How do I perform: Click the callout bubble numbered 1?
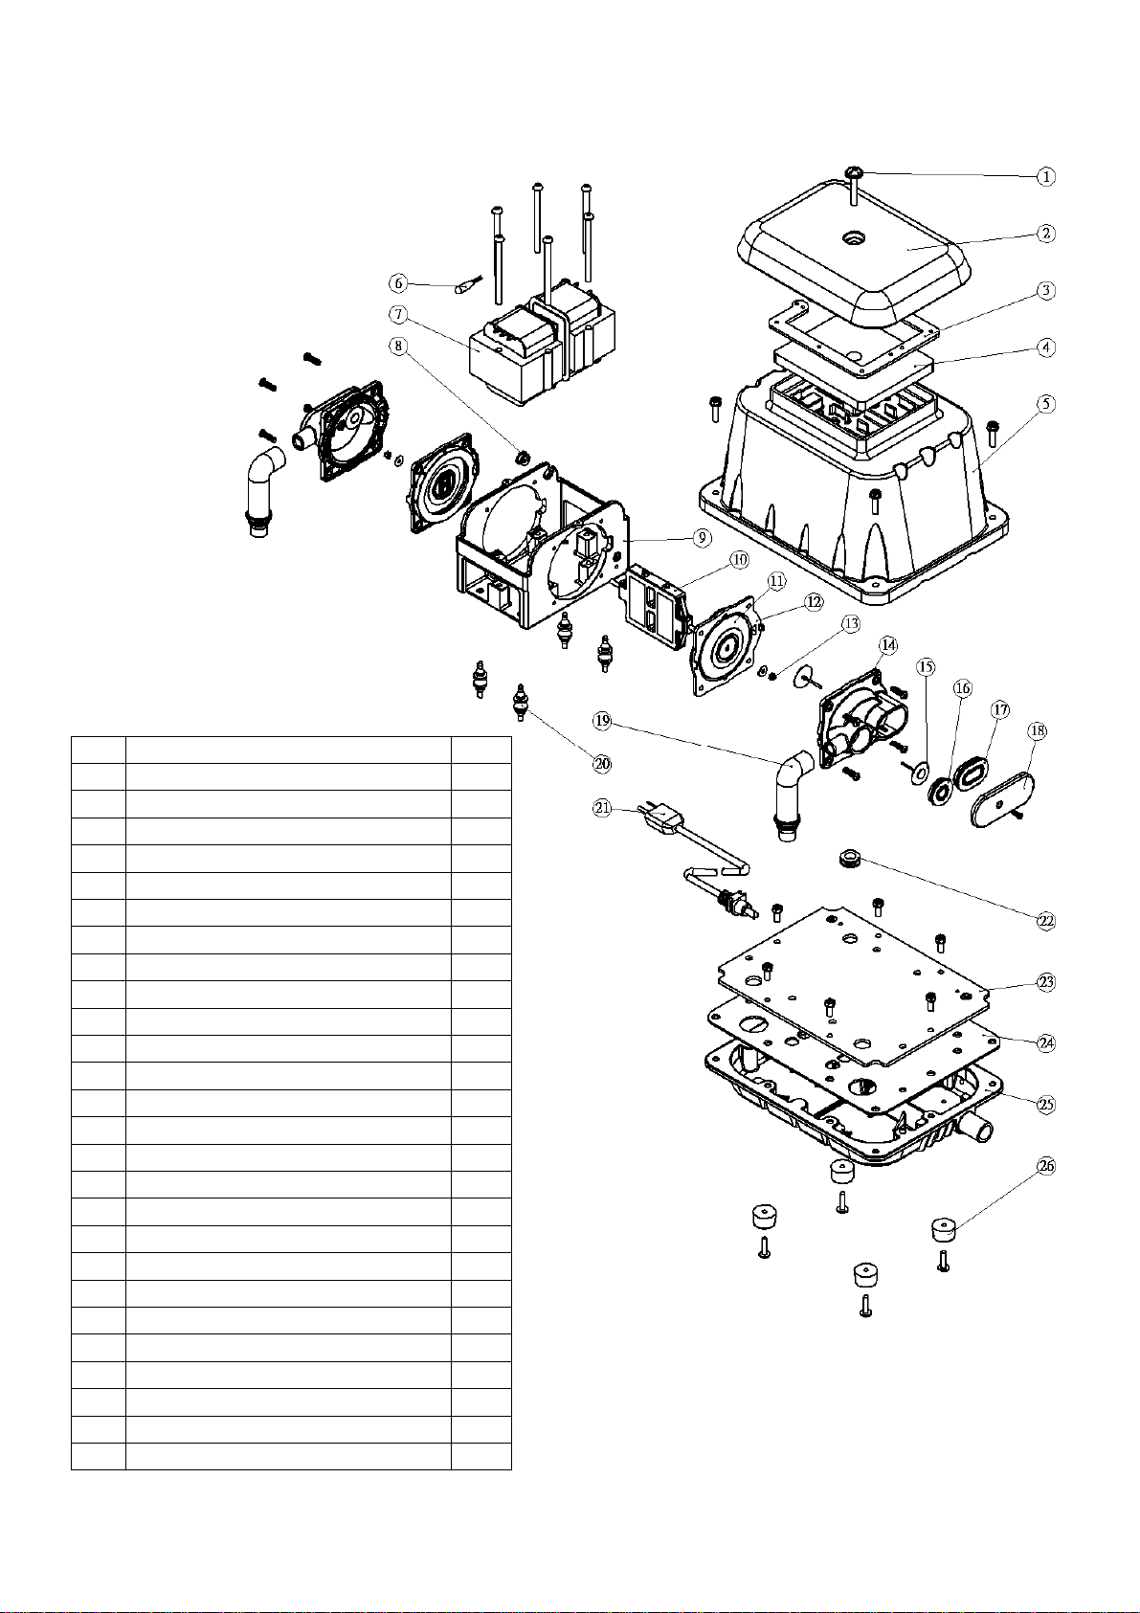[1046, 176]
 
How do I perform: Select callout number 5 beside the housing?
[1047, 403]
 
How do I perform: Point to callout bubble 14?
[888, 644]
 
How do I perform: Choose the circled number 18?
[1037, 731]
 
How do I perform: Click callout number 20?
[602, 763]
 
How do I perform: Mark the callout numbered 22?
[1046, 920]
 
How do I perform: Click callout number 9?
[701, 537]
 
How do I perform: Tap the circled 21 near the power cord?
[601, 808]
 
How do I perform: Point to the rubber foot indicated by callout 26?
[944, 1227]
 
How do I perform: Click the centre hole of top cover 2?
[851, 237]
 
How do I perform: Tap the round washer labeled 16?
[941, 791]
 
